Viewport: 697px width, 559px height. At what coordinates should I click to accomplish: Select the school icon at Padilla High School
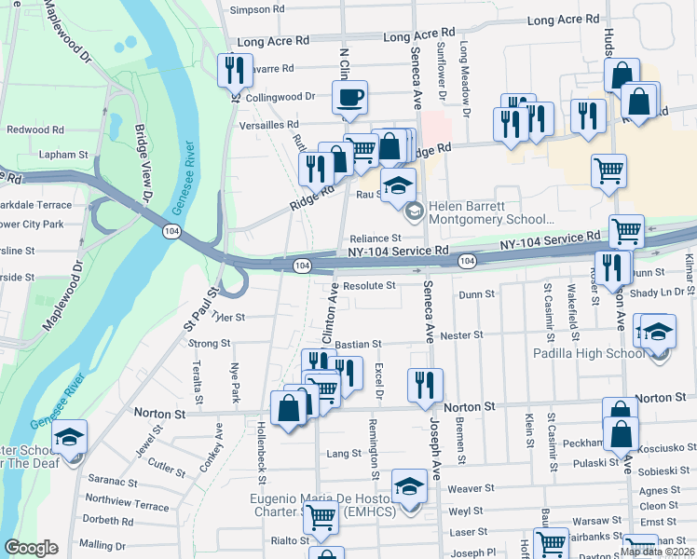click(657, 332)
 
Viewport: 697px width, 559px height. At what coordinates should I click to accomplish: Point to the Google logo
click(31, 548)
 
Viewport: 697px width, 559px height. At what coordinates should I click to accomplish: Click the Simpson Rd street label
click(256, 9)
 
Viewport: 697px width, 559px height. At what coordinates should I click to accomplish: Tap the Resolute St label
click(369, 286)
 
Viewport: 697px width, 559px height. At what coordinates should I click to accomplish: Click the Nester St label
click(462, 334)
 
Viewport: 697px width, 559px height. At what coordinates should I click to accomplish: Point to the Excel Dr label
click(379, 382)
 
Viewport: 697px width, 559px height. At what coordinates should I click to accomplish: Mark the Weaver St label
click(471, 488)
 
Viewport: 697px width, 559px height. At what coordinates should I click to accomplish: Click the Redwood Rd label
click(34, 130)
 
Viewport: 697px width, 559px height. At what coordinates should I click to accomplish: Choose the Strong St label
click(210, 344)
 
